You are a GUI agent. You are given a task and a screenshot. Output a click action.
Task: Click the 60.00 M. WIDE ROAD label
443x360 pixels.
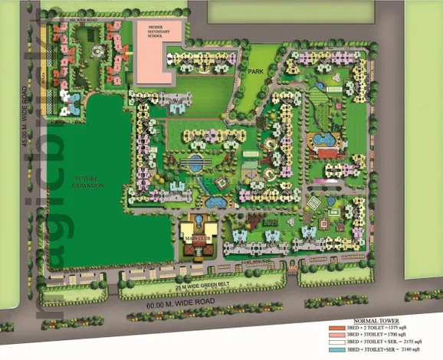point(192,304)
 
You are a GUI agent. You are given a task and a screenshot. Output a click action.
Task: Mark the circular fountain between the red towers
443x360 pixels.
point(95,53)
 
